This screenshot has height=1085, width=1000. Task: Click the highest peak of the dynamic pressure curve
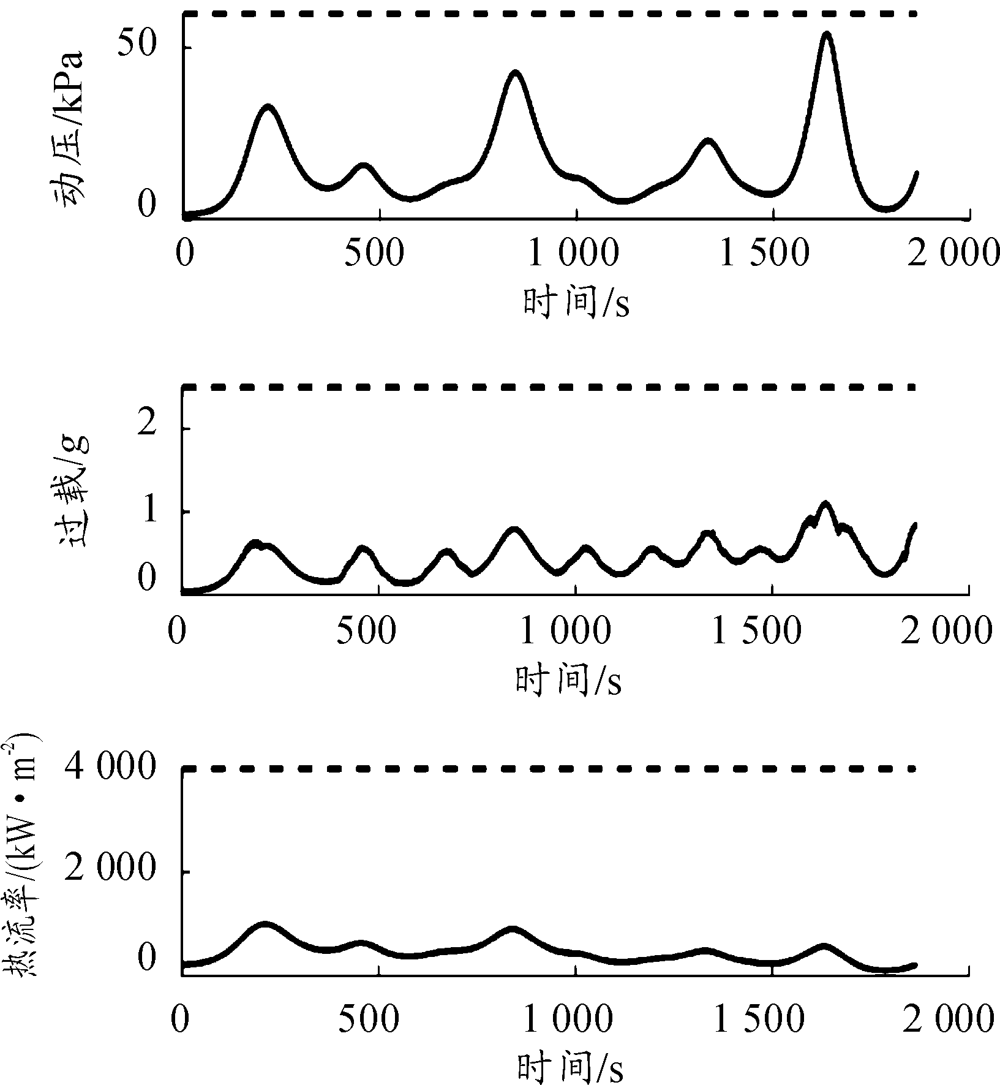[827, 34]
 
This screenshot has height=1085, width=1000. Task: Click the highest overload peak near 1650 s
[825, 504]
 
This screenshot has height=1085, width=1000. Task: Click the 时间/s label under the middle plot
[568, 680]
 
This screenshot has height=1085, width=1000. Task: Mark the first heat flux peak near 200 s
[265, 923]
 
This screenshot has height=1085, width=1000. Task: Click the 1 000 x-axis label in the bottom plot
[566, 1019]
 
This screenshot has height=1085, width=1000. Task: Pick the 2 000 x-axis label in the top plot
[954, 253]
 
